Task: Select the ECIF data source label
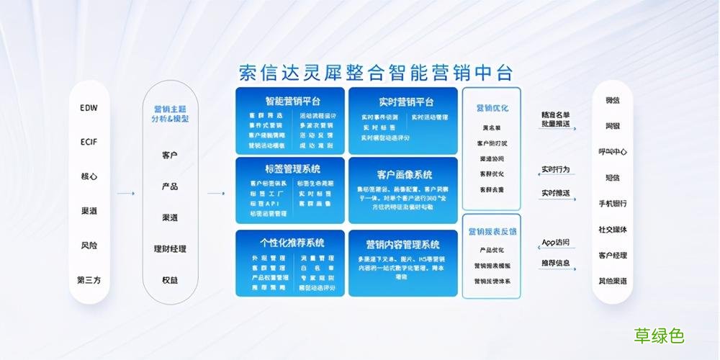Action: [x=89, y=142]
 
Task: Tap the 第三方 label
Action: [x=89, y=279]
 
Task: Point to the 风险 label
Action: [x=89, y=246]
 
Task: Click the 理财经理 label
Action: [x=170, y=249]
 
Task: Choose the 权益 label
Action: [x=170, y=280]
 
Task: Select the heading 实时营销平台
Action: [x=402, y=101]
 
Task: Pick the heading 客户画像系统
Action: [x=403, y=174]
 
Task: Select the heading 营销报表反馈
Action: [x=492, y=232]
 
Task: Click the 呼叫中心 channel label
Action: [x=613, y=152]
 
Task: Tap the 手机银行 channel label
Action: [x=613, y=204]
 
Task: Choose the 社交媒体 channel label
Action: [x=613, y=230]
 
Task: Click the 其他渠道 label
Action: [x=613, y=281]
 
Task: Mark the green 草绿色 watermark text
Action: [x=659, y=336]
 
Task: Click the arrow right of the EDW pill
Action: [x=125, y=193]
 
